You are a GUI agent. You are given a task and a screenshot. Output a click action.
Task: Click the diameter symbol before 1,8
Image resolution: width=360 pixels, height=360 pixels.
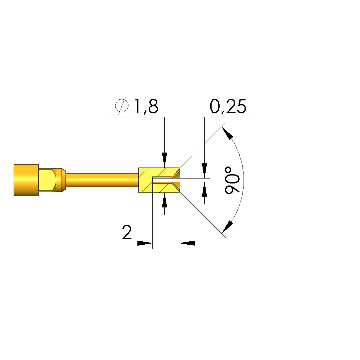[x=122, y=106]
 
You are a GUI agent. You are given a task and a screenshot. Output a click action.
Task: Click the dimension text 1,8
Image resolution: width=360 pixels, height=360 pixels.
[x=146, y=106]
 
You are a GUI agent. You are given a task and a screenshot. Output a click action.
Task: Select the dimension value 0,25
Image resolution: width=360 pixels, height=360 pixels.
[x=228, y=106]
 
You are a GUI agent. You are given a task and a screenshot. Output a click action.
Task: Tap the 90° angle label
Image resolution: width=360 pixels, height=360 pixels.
[x=232, y=180]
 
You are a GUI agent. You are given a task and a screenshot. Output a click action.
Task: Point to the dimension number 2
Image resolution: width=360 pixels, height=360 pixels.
[x=127, y=232]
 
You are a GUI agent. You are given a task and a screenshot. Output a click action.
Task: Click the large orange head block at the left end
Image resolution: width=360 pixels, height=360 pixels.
[x=26, y=180]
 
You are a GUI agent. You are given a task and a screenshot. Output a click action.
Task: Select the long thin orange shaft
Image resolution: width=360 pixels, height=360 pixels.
[x=102, y=180]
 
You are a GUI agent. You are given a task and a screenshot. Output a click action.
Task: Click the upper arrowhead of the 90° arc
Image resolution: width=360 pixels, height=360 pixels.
[x=227, y=133]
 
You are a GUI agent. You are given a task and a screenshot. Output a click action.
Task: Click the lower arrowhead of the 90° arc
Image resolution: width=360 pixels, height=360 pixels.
[x=228, y=227]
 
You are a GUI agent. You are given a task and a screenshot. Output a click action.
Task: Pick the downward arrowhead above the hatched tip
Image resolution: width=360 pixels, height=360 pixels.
[x=164, y=160]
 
